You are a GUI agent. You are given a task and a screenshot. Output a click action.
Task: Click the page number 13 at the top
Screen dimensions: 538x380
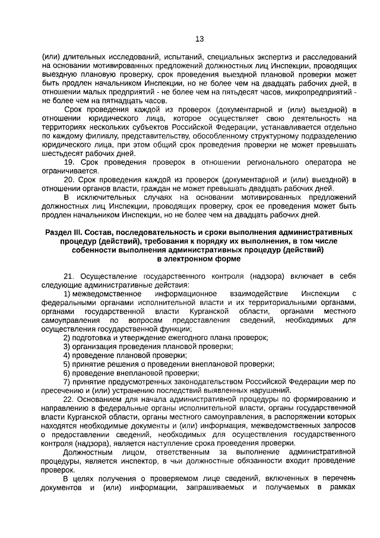tap(199, 39)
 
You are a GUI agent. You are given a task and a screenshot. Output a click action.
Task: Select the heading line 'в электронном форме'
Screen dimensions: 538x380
tap(199, 259)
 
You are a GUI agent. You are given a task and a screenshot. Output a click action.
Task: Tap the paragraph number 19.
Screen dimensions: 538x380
tap(68, 162)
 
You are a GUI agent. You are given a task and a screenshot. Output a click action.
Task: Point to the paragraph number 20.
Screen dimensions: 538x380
tap(68, 180)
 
